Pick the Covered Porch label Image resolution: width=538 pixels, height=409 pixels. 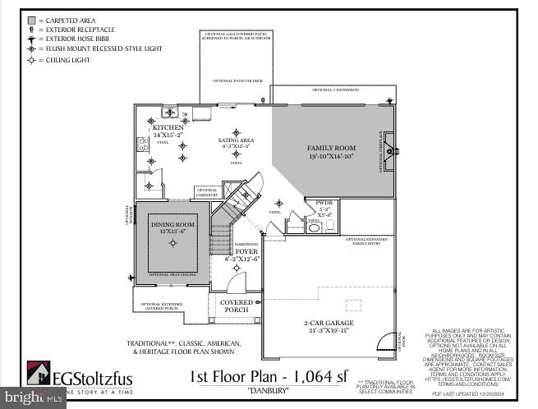(237, 306)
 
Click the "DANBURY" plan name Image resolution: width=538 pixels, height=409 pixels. (270, 391)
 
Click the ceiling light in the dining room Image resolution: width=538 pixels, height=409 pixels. (172, 242)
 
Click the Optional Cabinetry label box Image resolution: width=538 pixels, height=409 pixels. (206, 192)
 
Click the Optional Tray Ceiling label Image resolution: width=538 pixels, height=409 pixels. (172, 274)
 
